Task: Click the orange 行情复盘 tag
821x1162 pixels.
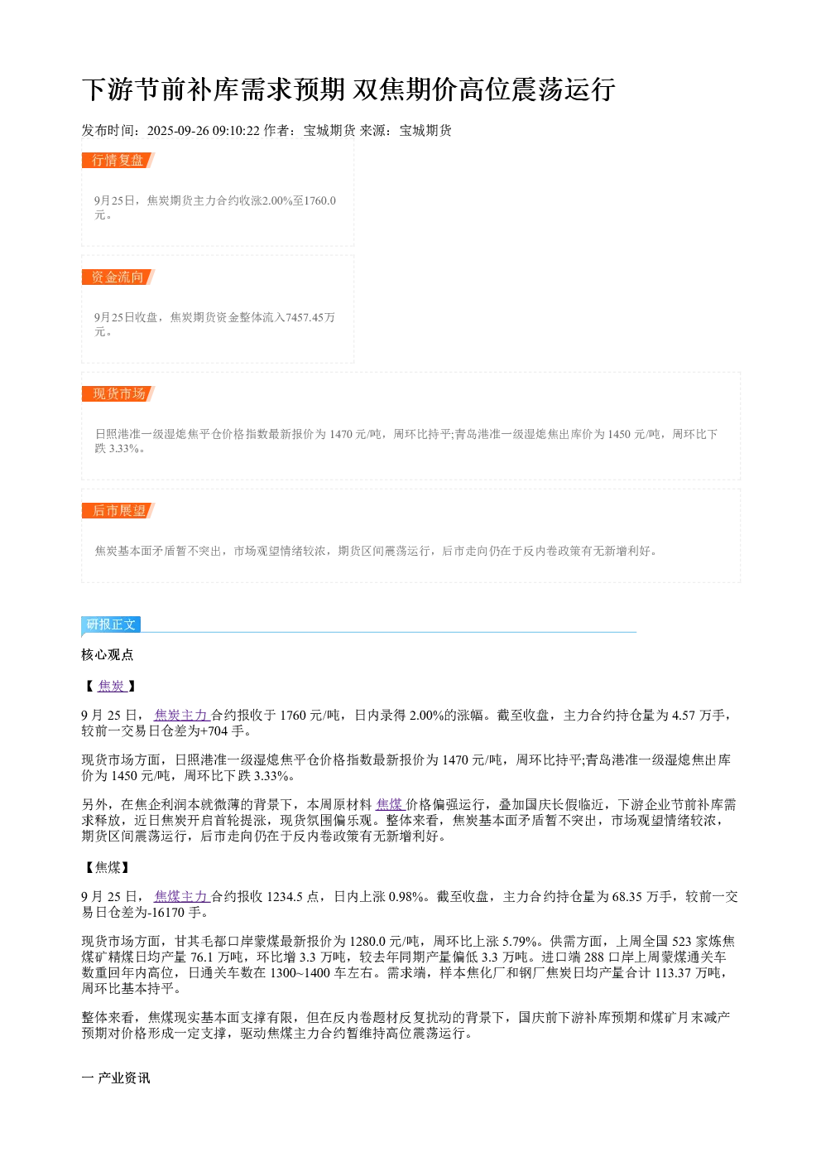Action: coord(118,161)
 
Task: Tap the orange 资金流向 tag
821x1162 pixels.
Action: coord(118,277)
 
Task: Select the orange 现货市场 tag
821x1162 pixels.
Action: coord(118,393)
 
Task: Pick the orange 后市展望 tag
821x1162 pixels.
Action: coord(118,510)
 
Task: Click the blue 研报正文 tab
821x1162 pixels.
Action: coord(110,624)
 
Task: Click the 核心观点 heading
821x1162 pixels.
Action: coord(108,654)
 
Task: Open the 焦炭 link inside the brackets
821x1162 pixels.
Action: coord(112,686)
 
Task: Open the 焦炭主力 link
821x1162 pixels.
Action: coord(181,715)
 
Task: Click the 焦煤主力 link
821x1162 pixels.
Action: coord(181,896)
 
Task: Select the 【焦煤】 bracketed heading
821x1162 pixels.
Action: coord(108,867)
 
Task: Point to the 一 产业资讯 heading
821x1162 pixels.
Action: coord(116,1078)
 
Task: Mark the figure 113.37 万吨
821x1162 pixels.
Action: coord(690,972)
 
